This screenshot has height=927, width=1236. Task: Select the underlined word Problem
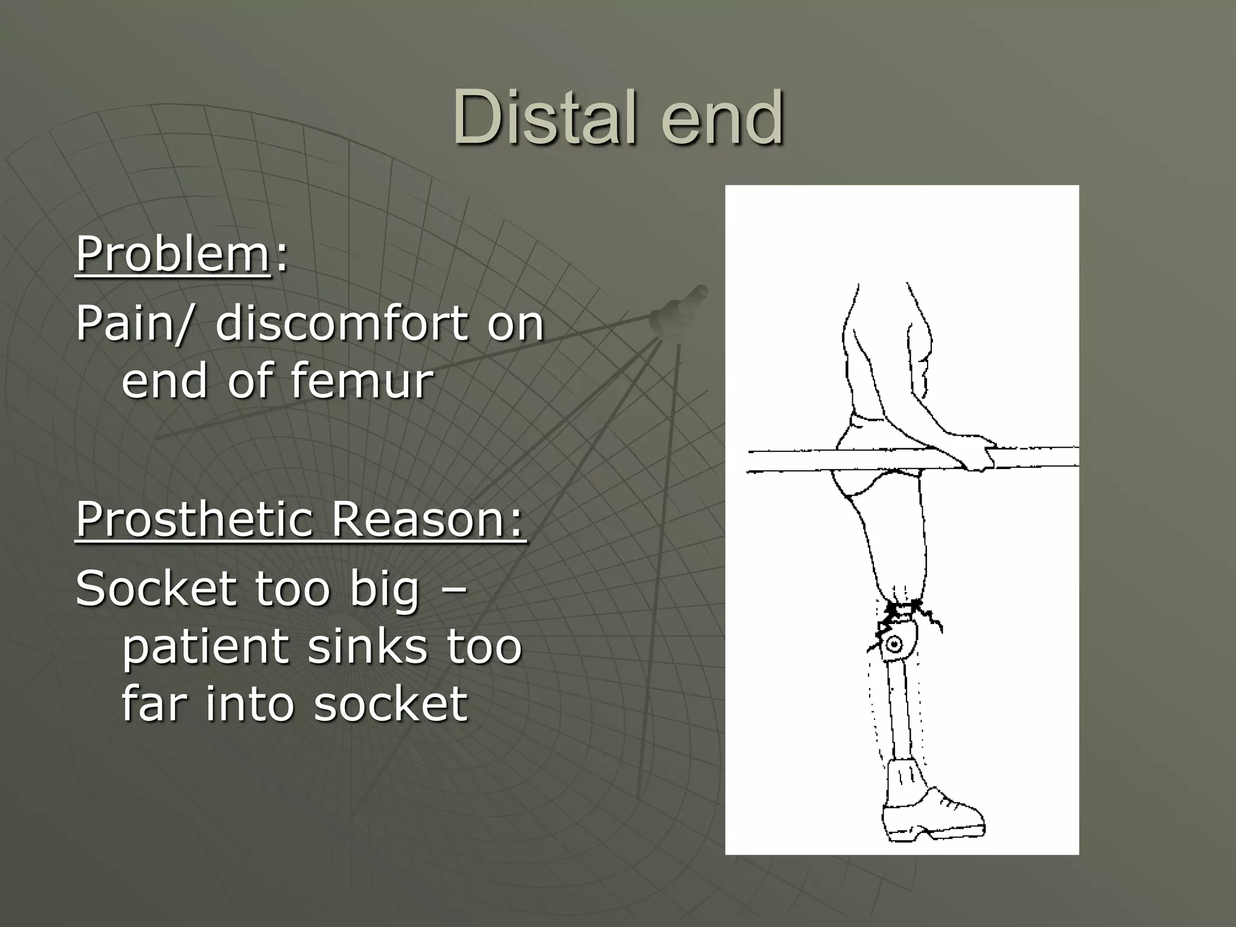[173, 255]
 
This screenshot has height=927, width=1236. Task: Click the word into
[250, 704]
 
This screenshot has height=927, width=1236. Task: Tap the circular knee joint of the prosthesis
[896, 645]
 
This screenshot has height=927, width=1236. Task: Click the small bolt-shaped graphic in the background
[678, 310]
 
